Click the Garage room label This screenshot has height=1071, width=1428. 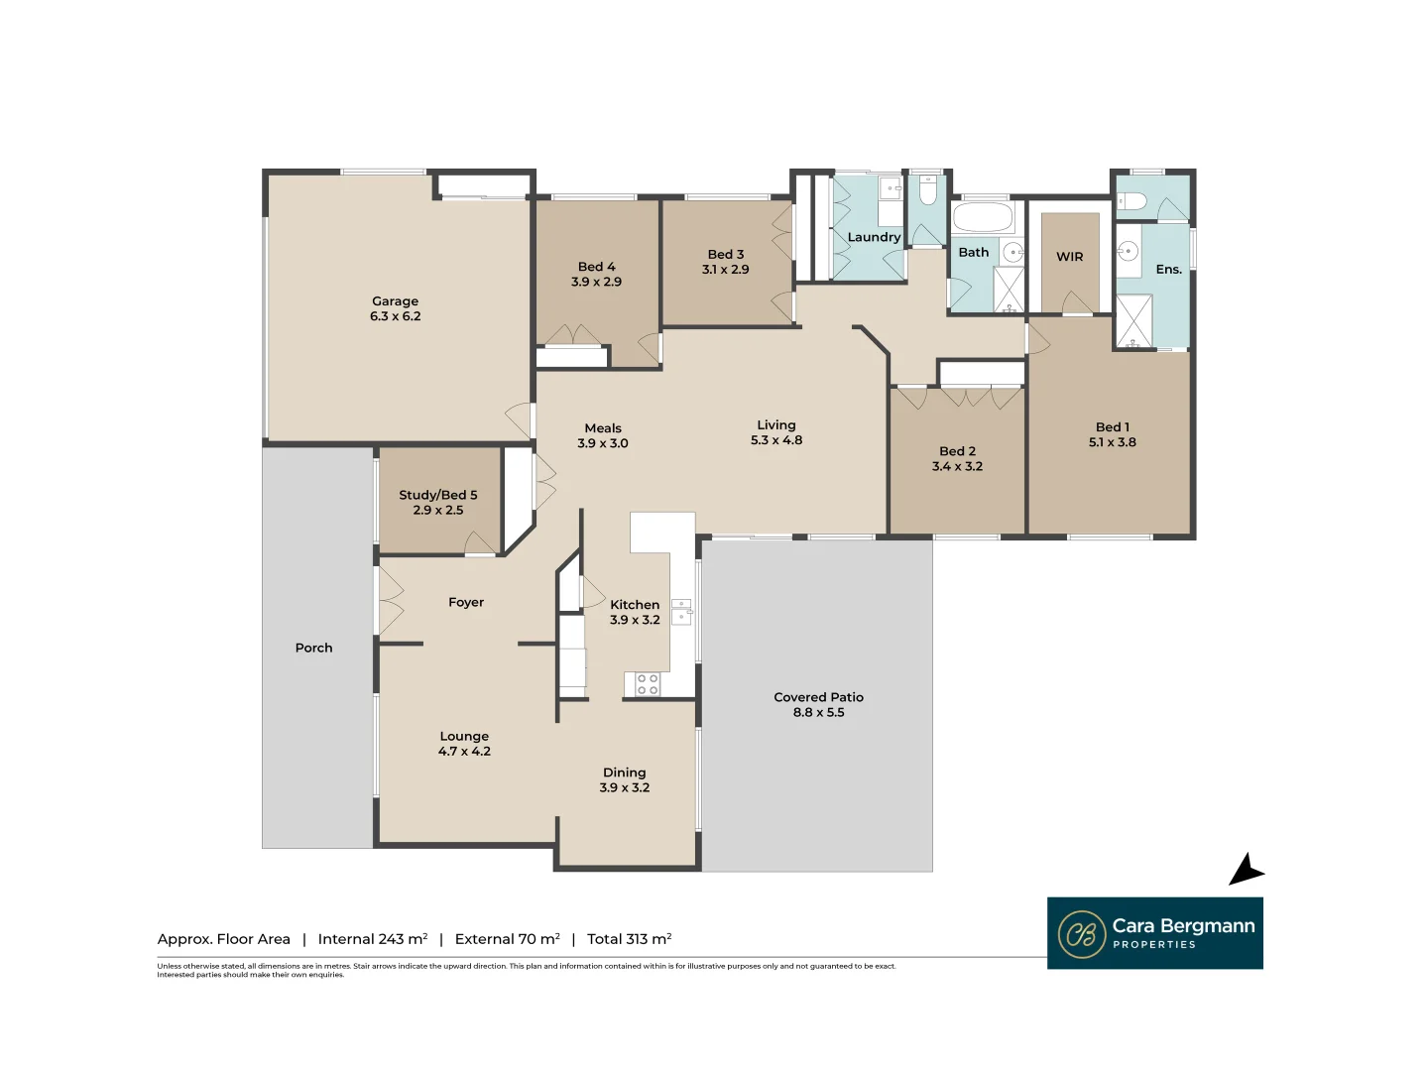click(395, 301)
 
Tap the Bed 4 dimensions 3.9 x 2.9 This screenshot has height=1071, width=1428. click(596, 282)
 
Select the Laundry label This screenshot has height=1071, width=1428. click(873, 237)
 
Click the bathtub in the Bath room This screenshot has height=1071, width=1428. click(983, 217)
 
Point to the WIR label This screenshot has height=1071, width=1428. click(1070, 256)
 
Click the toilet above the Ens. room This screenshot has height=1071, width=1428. click(1132, 201)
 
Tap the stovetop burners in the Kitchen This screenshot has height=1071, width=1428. click(648, 683)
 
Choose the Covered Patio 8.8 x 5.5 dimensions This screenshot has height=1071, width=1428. click(818, 712)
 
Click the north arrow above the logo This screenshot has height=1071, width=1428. click(1247, 870)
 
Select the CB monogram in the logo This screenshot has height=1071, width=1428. click(1082, 934)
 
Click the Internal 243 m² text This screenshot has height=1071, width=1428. click(373, 939)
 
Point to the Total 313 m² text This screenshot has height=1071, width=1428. click(629, 939)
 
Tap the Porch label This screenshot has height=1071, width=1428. click(313, 648)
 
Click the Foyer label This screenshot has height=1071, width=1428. click(466, 602)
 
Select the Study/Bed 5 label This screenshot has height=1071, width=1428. click(438, 495)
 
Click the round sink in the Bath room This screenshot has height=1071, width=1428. click(1012, 252)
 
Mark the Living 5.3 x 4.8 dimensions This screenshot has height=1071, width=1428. click(776, 440)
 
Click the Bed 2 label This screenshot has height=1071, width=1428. click(957, 451)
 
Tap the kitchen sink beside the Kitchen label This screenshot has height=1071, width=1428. click(681, 612)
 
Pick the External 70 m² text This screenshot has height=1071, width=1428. click(508, 939)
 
